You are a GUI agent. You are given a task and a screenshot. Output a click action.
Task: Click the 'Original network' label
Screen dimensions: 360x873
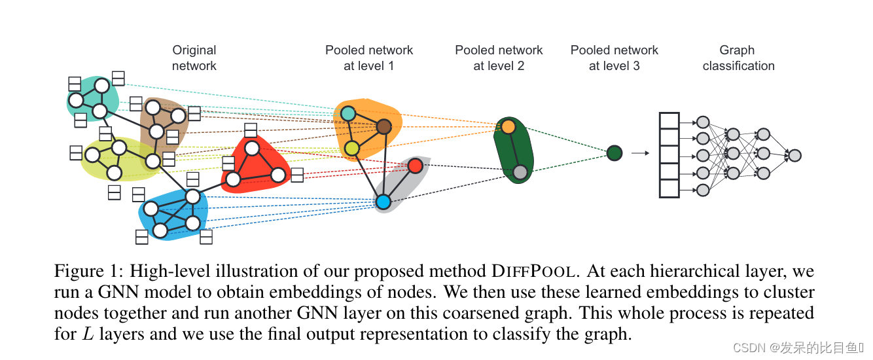pos(194,58)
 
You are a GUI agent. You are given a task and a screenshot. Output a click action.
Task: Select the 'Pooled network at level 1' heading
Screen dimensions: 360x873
pos(369,58)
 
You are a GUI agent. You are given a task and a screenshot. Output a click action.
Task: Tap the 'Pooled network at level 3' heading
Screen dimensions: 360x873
pos(614,58)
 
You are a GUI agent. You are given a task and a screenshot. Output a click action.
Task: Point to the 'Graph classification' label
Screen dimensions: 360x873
pos(738,58)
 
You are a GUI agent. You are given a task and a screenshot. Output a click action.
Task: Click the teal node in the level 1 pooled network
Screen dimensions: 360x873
pos(348,113)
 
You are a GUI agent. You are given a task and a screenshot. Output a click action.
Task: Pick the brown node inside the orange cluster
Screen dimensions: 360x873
pos(383,126)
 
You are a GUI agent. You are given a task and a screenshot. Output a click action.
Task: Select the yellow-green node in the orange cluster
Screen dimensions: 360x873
pos(352,149)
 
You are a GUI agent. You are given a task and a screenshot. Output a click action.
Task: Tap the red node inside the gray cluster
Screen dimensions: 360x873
pos(415,166)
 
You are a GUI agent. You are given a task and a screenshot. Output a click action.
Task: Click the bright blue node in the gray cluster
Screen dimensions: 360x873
pos(383,202)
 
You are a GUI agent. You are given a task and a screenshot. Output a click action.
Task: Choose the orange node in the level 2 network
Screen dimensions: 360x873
pos(508,127)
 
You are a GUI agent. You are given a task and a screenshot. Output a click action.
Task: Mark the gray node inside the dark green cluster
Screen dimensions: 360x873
pos(520,172)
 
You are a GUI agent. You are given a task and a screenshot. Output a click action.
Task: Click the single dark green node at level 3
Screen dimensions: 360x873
pos(614,153)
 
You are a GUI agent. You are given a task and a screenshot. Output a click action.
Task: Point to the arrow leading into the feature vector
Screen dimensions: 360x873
pos(639,153)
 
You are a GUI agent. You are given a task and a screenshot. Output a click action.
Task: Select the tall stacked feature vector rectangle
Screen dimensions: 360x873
pos(669,155)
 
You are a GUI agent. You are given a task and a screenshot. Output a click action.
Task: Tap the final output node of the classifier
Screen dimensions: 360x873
pos(794,155)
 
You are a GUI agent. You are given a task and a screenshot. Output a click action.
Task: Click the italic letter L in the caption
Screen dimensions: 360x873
pos(87,334)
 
